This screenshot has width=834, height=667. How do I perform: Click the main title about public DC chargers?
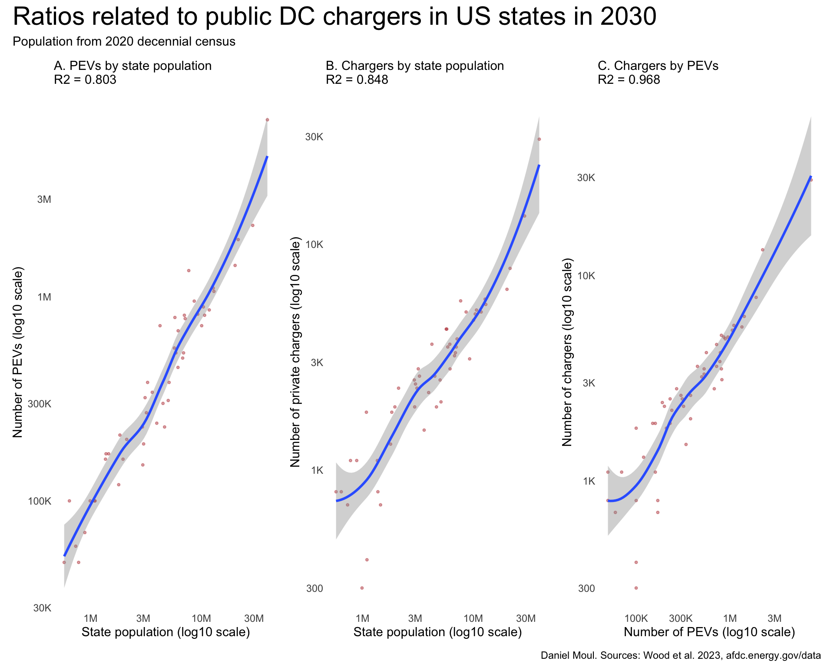point(334,17)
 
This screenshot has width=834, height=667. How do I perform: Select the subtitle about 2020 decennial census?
point(124,42)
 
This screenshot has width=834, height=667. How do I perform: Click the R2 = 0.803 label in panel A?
point(85,80)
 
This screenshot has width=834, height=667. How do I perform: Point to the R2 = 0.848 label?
point(357,80)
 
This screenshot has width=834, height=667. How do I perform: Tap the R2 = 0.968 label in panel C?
point(629,80)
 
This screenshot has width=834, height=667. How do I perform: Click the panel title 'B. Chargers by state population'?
point(415,66)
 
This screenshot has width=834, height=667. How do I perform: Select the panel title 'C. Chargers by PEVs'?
point(658,66)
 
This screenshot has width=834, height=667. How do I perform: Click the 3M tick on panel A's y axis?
point(44,200)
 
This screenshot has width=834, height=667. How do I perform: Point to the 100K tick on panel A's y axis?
point(40,501)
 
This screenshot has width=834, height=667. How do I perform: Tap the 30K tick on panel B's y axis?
point(314,137)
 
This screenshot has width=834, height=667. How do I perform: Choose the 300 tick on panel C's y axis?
point(586,588)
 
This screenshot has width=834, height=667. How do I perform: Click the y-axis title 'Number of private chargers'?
point(295,352)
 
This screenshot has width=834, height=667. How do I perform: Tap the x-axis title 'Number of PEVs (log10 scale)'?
point(709,632)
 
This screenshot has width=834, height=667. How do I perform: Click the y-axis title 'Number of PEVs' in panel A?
point(17,352)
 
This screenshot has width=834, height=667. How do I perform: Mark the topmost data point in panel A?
point(268,120)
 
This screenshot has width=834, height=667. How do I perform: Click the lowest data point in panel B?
point(362,588)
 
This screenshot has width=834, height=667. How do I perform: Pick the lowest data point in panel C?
point(636,588)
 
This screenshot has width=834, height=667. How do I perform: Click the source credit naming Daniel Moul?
point(681,656)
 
